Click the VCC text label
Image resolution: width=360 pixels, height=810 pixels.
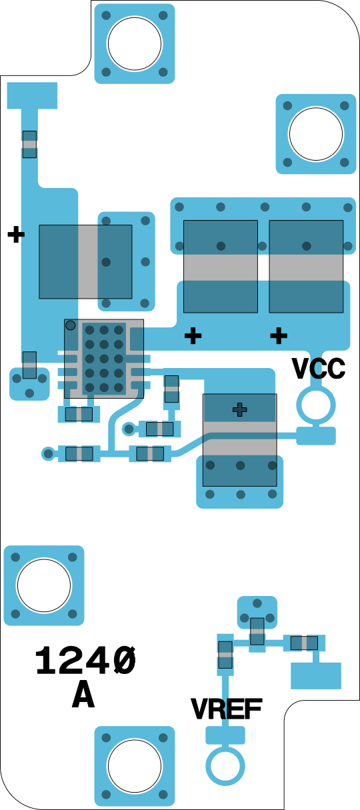point(319,369)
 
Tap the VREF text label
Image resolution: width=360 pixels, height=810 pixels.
point(226,709)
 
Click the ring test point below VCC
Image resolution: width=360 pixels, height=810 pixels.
point(316,405)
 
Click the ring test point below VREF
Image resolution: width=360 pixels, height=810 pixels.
point(225,766)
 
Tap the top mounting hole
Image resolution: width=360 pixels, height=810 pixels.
point(135,43)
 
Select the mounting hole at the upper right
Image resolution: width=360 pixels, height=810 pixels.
point(316,134)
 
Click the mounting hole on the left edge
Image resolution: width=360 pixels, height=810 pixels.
point(44,585)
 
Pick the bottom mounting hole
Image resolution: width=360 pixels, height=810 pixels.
point(135,766)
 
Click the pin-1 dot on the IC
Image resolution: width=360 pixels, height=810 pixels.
point(71,325)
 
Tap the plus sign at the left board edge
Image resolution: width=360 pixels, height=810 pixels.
point(16,234)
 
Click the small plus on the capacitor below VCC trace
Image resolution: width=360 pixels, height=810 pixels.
point(239,410)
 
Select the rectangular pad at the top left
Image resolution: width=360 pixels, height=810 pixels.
point(32,95)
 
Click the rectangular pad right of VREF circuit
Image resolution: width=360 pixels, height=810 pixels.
point(316,676)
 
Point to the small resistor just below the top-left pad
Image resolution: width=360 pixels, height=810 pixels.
point(29,144)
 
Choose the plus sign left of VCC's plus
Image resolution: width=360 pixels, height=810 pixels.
point(193,336)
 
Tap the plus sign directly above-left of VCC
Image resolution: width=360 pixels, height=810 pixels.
point(279,336)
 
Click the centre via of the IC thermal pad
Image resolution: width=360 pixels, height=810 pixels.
point(104,359)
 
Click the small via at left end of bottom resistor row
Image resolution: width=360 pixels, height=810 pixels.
point(48,453)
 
